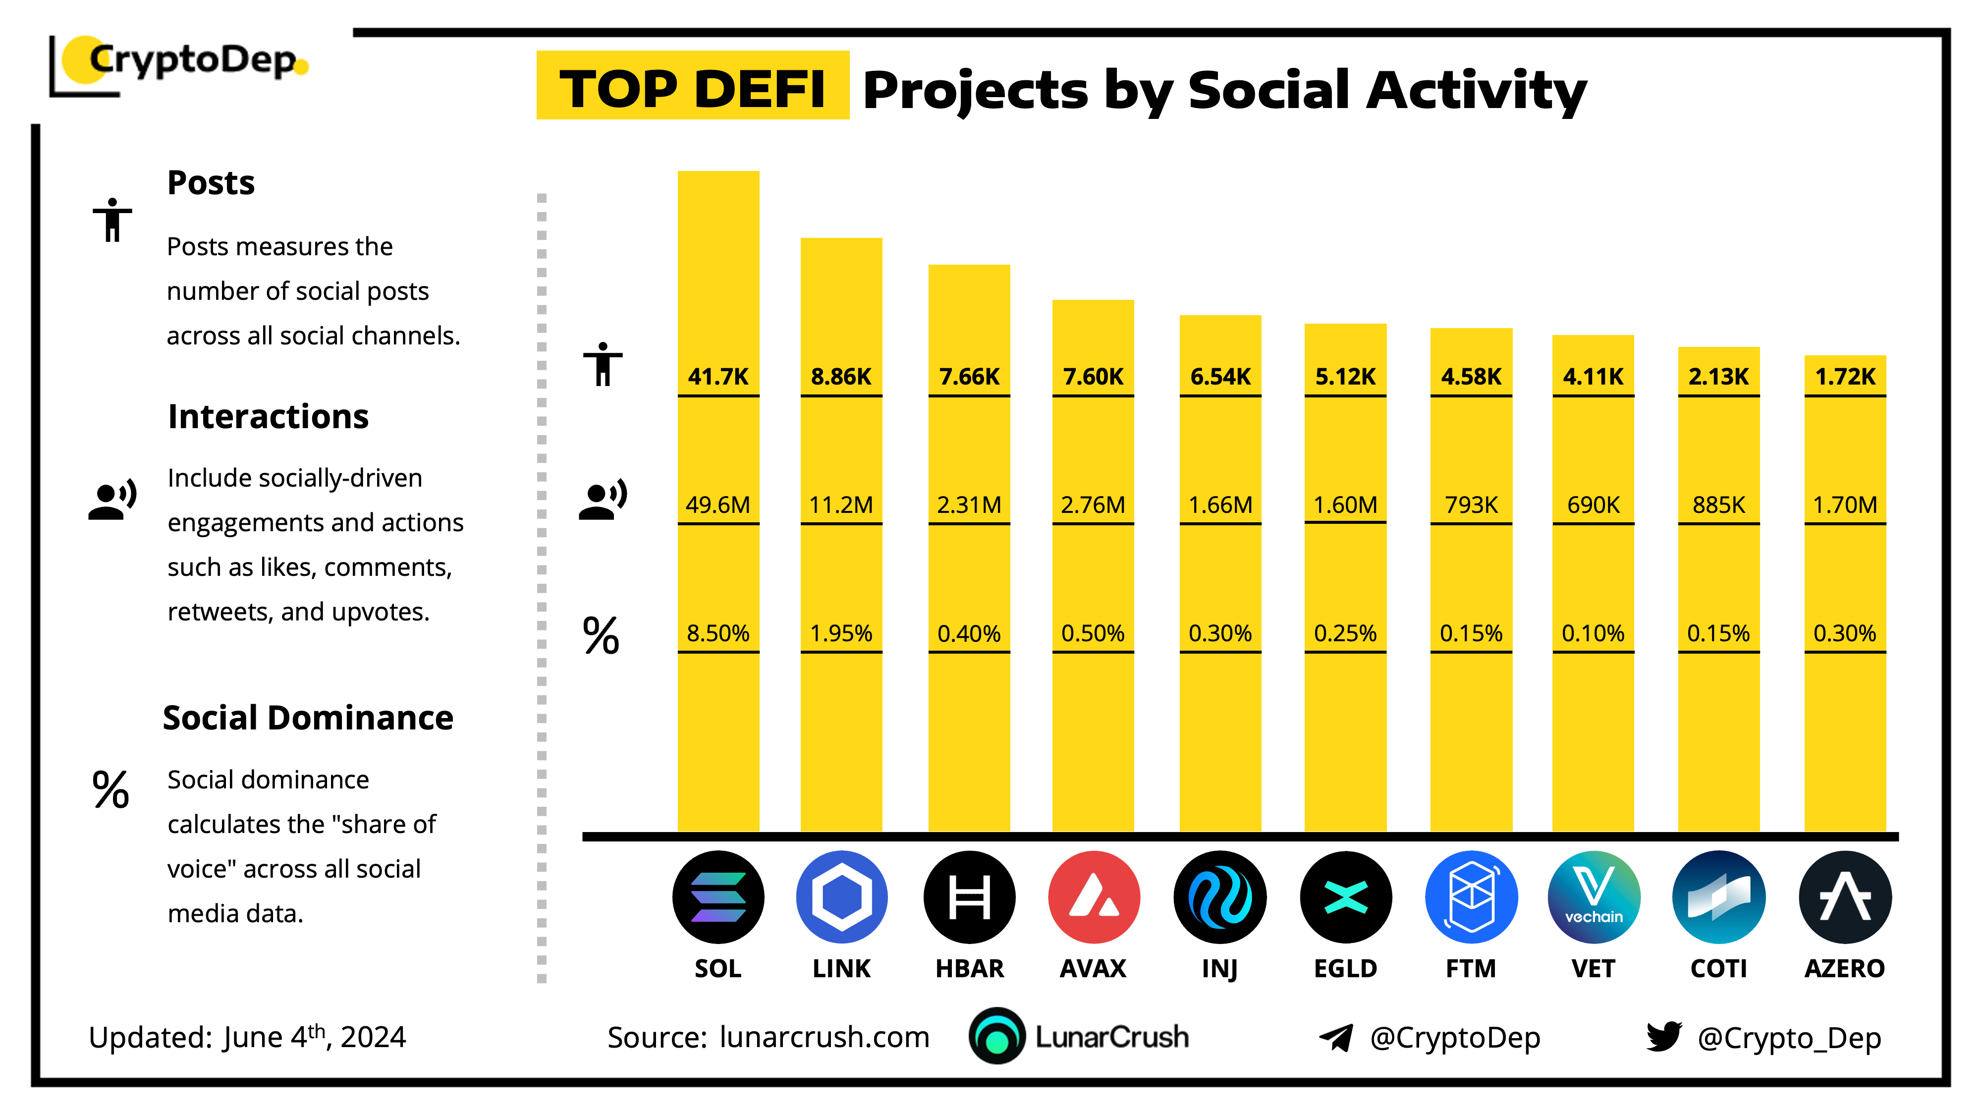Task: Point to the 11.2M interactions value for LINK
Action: (x=841, y=505)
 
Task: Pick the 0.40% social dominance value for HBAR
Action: (x=969, y=633)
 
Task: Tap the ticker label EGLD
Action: (x=1345, y=968)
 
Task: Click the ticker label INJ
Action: (x=1219, y=968)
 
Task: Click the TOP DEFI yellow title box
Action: (x=693, y=87)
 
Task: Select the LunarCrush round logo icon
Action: (x=996, y=1037)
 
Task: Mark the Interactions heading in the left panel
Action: (x=268, y=416)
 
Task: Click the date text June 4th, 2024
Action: (x=314, y=1037)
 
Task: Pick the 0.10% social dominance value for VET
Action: (x=1593, y=633)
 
